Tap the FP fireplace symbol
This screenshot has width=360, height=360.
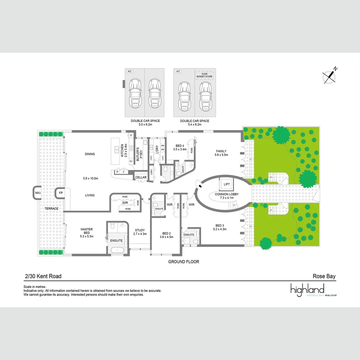click(x=61, y=193)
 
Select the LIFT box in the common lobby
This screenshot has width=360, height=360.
click(x=227, y=184)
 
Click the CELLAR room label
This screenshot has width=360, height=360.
click(x=141, y=177)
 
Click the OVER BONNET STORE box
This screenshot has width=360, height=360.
click(x=204, y=75)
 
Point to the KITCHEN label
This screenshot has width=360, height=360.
click(x=122, y=151)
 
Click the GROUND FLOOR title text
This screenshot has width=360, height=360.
click(x=183, y=262)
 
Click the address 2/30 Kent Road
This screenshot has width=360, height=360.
click(x=43, y=276)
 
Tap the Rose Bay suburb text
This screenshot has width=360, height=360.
click(x=324, y=276)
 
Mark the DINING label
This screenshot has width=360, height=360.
click(x=90, y=154)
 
